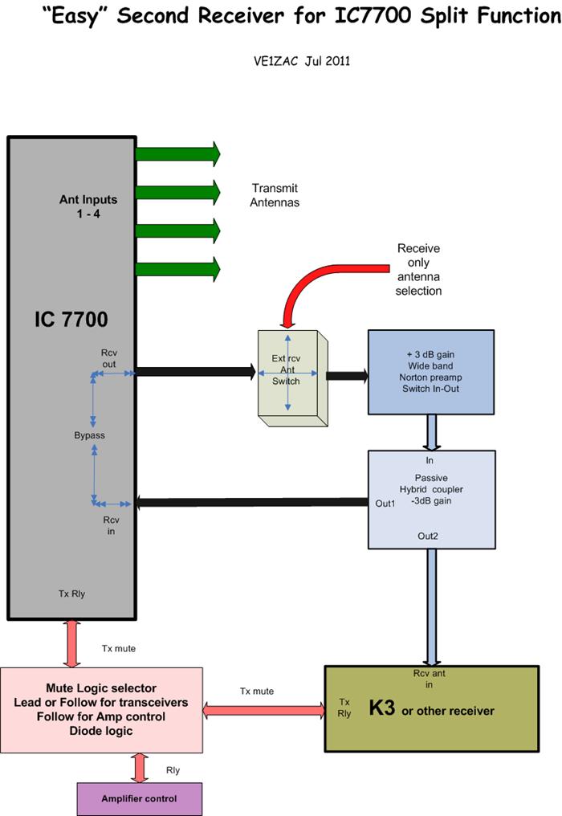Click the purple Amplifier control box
139,799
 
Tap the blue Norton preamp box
430,371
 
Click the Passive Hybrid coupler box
430,498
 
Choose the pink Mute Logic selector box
101,709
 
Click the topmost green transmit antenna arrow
177,153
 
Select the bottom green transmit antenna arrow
177,269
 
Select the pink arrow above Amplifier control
140,767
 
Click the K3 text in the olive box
382,711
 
